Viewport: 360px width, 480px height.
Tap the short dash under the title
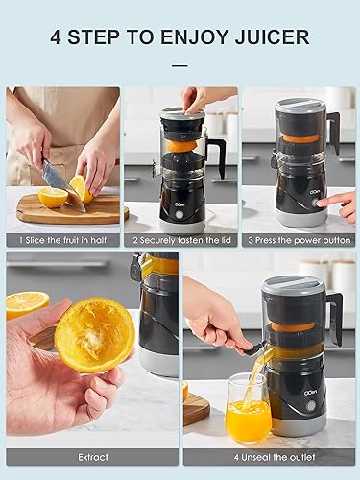(x=180, y=65)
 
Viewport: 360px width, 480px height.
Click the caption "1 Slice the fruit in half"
(x=62, y=239)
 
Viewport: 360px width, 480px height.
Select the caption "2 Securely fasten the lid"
(x=180, y=239)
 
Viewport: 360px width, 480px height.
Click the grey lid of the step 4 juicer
(x=293, y=286)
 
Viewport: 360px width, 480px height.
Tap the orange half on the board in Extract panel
(x=27, y=304)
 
